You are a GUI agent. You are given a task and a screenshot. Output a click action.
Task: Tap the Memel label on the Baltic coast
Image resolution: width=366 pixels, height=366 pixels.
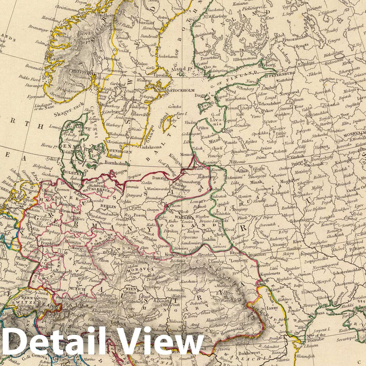coord(187,155)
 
